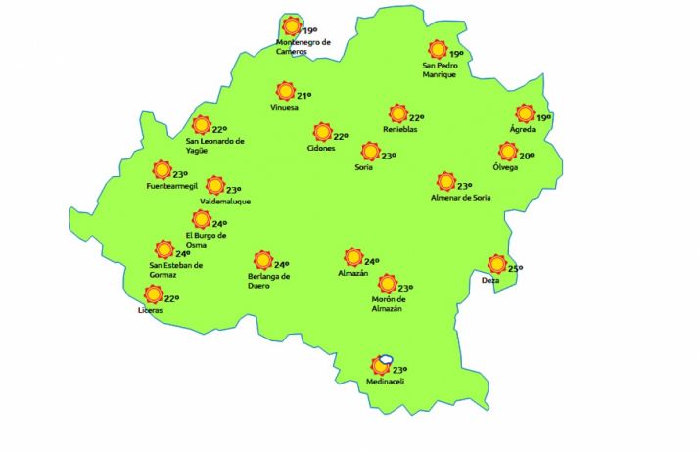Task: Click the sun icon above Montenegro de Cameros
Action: [x=291, y=26]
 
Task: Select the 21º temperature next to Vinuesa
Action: [x=303, y=96]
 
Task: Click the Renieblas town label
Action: [x=400, y=129]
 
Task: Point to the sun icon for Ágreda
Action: [x=526, y=113]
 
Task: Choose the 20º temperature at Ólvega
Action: [x=526, y=157]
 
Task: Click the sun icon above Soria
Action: [x=369, y=151]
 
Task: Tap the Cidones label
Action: [x=321, y=149]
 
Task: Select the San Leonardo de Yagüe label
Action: [x=215, y=145]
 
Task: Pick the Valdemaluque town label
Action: [x=225, y=202]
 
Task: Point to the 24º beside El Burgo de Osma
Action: [x=219, y=224]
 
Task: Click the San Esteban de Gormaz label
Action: [x=176, y=269]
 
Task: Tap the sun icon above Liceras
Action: [x=153, y=294]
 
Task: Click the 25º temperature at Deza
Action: [x=516, y=268]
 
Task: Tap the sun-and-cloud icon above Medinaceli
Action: [x=382, y=365]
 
